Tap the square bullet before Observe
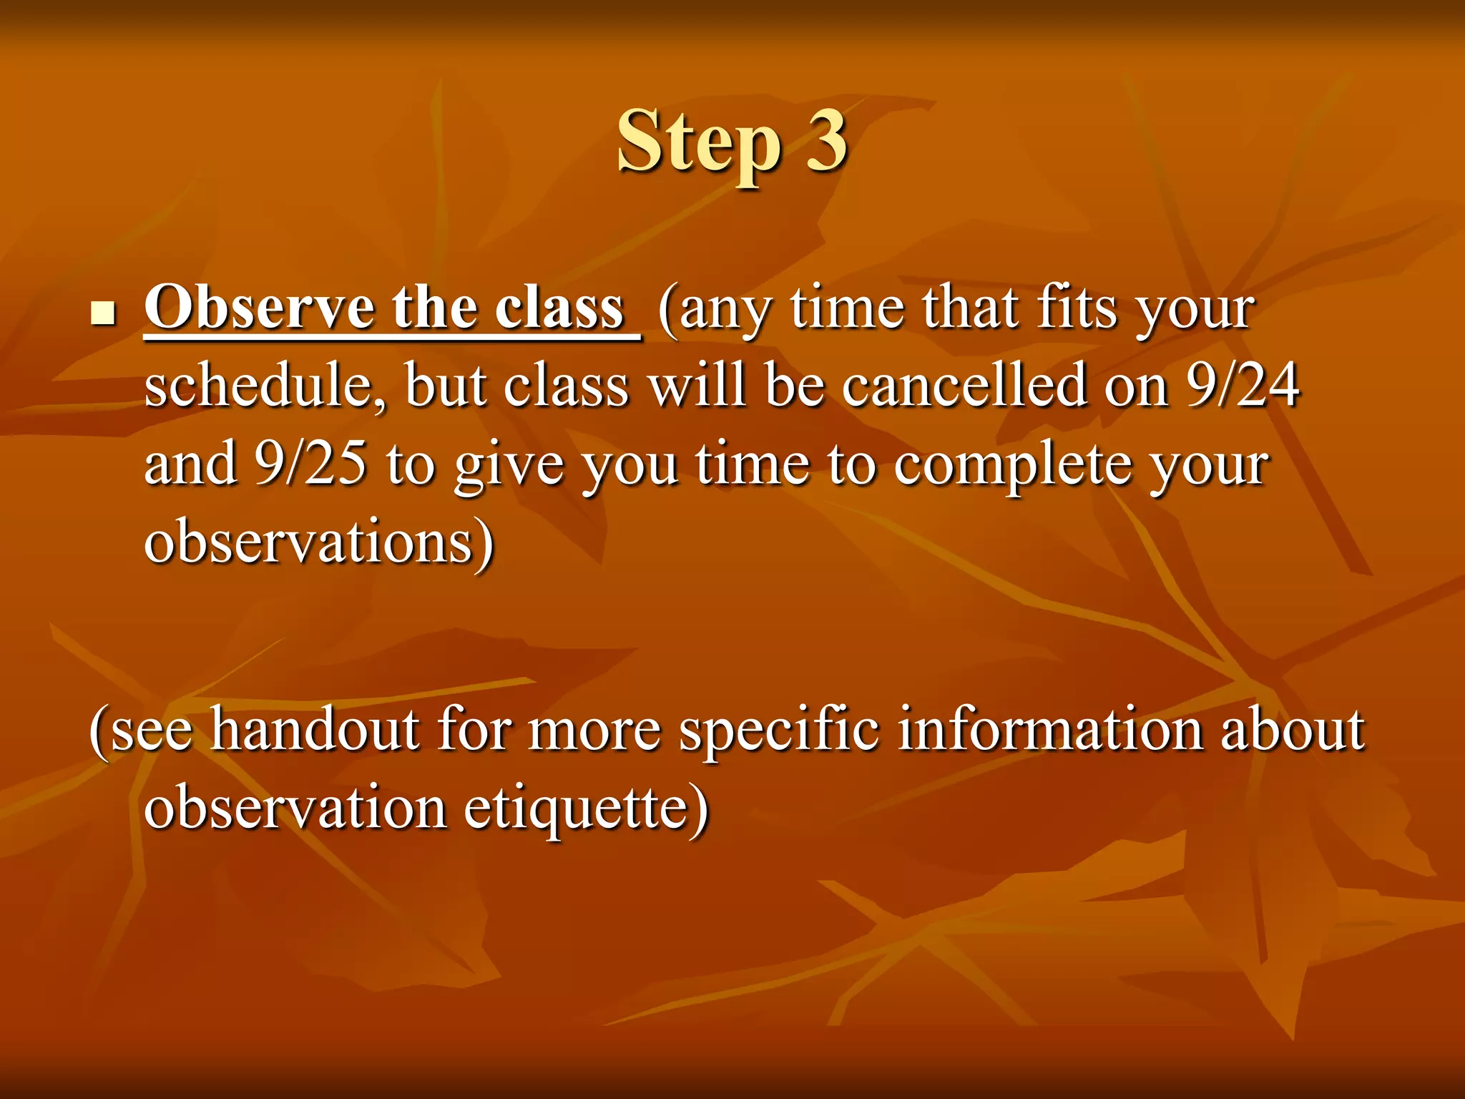[104, 313]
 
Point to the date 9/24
[1243, 386]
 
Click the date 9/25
[310, 464]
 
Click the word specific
[779, 731]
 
